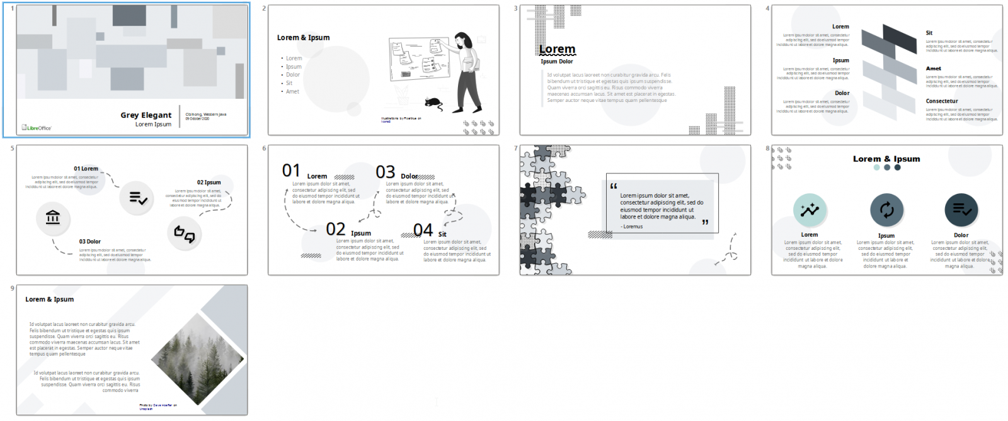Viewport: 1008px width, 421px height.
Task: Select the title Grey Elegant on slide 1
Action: pyautogui.click(x=146, y=115)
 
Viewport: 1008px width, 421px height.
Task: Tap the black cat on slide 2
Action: pyautogui.click(x=433, y=103)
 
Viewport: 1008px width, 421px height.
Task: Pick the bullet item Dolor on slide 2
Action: pyautogui.click(x=293, y=75)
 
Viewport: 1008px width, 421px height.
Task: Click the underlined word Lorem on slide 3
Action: pyautogui.click(x=557, y=49)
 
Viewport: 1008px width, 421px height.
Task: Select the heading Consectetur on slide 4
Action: pyautogui.click(x=941, y=101)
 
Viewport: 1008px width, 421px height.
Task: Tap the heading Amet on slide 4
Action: pyautogui.click(x=933, y=69)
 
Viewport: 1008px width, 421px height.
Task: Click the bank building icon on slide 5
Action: pyautogui.click(x=53, y=218)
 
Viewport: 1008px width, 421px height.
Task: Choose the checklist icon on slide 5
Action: pyautogui.click(x=137, y=198)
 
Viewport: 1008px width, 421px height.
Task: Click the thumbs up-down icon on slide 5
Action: pyautogui.click(x=184, y=234)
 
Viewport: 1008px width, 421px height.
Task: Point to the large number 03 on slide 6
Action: pyautogui.click(x=385, y=172)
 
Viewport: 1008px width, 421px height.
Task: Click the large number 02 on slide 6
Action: pyautogui.click(x=335, y=229)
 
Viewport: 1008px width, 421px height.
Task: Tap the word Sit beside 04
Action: pyautogui.click(x=442, y=234)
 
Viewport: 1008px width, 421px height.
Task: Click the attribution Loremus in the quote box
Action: pyautogui.click(x=633, y=227)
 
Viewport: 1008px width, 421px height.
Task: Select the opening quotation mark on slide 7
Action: pyautogui.click(x=614, y=186)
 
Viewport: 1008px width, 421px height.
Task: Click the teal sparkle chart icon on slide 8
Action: pyautogui.click(x=810, y=210)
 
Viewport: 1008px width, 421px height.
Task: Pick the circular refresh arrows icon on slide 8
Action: pyautogui.click(x=886, y=210)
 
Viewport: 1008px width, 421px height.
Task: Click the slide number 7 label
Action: pyautogui.click(x=515, y=149)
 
